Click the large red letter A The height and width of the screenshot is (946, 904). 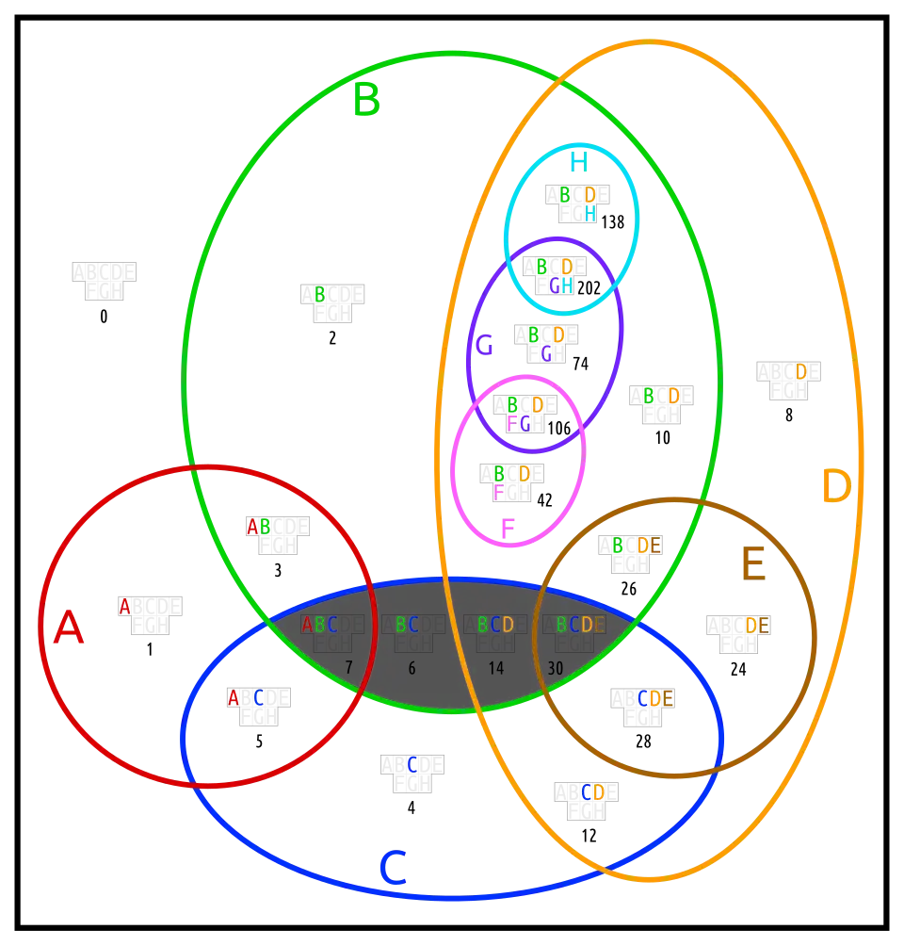pos(68,628)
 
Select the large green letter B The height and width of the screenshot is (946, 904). pos(366,101)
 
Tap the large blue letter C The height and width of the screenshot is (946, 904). pos(393,869)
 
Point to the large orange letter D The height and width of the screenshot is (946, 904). pos(835,488)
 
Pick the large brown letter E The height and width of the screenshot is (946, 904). pos(752,566)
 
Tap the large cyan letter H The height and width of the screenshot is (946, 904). pos(576,162)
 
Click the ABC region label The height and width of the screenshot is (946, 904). pos(319,625)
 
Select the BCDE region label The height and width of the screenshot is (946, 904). pos(580,625)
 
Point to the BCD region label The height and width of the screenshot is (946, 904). pos(495,625)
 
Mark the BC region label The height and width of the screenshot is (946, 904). pos(407,625)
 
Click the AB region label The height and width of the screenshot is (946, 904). pos(258,526)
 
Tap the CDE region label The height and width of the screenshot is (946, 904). pos(655,698)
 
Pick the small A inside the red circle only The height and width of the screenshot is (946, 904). pos(124,607)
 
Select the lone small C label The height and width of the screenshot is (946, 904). pos(412,765)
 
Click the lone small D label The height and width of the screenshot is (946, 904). pos(800,372)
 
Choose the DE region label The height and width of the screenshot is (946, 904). pos(757,625)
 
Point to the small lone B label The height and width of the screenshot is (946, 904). pos(319,295)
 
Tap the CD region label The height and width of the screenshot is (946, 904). pos(592,792)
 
